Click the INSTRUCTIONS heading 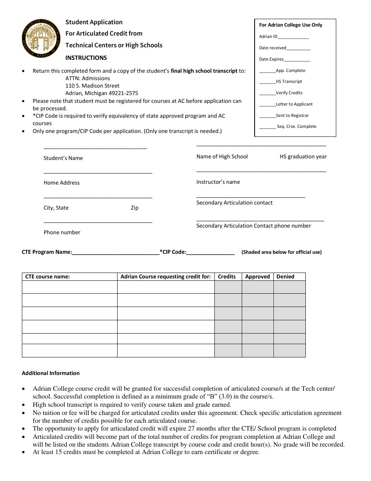click(x=86, y=58)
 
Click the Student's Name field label click(x=63, y=158)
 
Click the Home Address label click(x=62, y=183)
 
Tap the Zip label click(x=134, y=208)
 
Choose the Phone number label click(x=62, y=233)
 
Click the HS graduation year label click(x=303, y=157)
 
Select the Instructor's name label click(x=218, y=182)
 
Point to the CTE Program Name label click(x=47, y=252)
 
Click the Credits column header click(x=227, y=277)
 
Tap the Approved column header click(x=257, y=277)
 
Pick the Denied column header click(x=285, y=277)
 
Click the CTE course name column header click(x=48, y=277)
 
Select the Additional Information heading click(x=51, y=373)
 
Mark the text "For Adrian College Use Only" click(x=291, y=25)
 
